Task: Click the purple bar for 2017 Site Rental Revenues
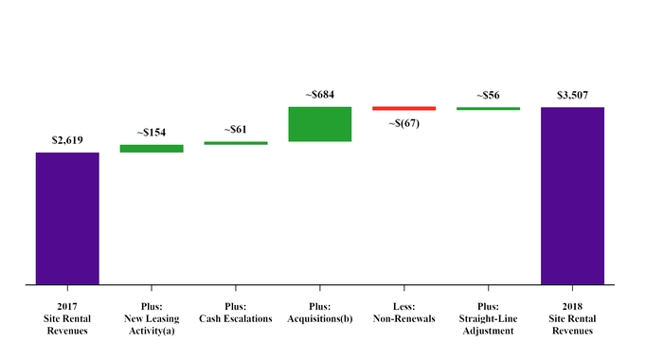[x=67, y=218]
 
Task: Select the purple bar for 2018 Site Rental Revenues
[x=572, y=195]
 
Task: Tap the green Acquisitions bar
[x=320, y=124]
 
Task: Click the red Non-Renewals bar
[x=404, y=109]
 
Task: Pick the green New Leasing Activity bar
[x=152, y=149]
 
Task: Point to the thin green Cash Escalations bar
[x=236, y=143]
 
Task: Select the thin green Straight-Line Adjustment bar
[x=488, y=109]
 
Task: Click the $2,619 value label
[x=67, y=140]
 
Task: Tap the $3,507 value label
[x=572, y=95]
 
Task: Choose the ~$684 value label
[x=320, y=95]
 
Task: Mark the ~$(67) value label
[x=404, y=123]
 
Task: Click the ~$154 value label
[x=152, y=133]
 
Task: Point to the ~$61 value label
[x=236, y=129]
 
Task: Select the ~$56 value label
[x=488, y=95]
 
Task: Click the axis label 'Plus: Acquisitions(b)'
[x=320, y=312]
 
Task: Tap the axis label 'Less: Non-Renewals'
[x=404, y=312]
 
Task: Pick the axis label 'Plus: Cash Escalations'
[x=236, y=312]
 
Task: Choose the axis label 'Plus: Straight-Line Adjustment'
[x=488, y=318]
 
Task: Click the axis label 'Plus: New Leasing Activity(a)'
[x=152, y=318]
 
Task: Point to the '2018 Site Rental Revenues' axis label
[x=572, y=318]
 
